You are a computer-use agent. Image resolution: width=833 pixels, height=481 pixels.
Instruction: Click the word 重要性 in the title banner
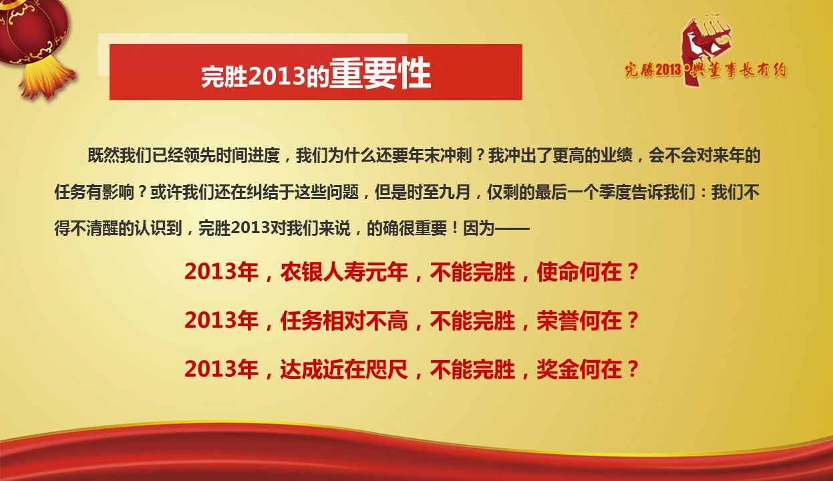379,74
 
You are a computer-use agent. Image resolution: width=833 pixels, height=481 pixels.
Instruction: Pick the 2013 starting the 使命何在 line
212,273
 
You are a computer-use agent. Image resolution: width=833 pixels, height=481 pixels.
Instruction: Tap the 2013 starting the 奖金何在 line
212,369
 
